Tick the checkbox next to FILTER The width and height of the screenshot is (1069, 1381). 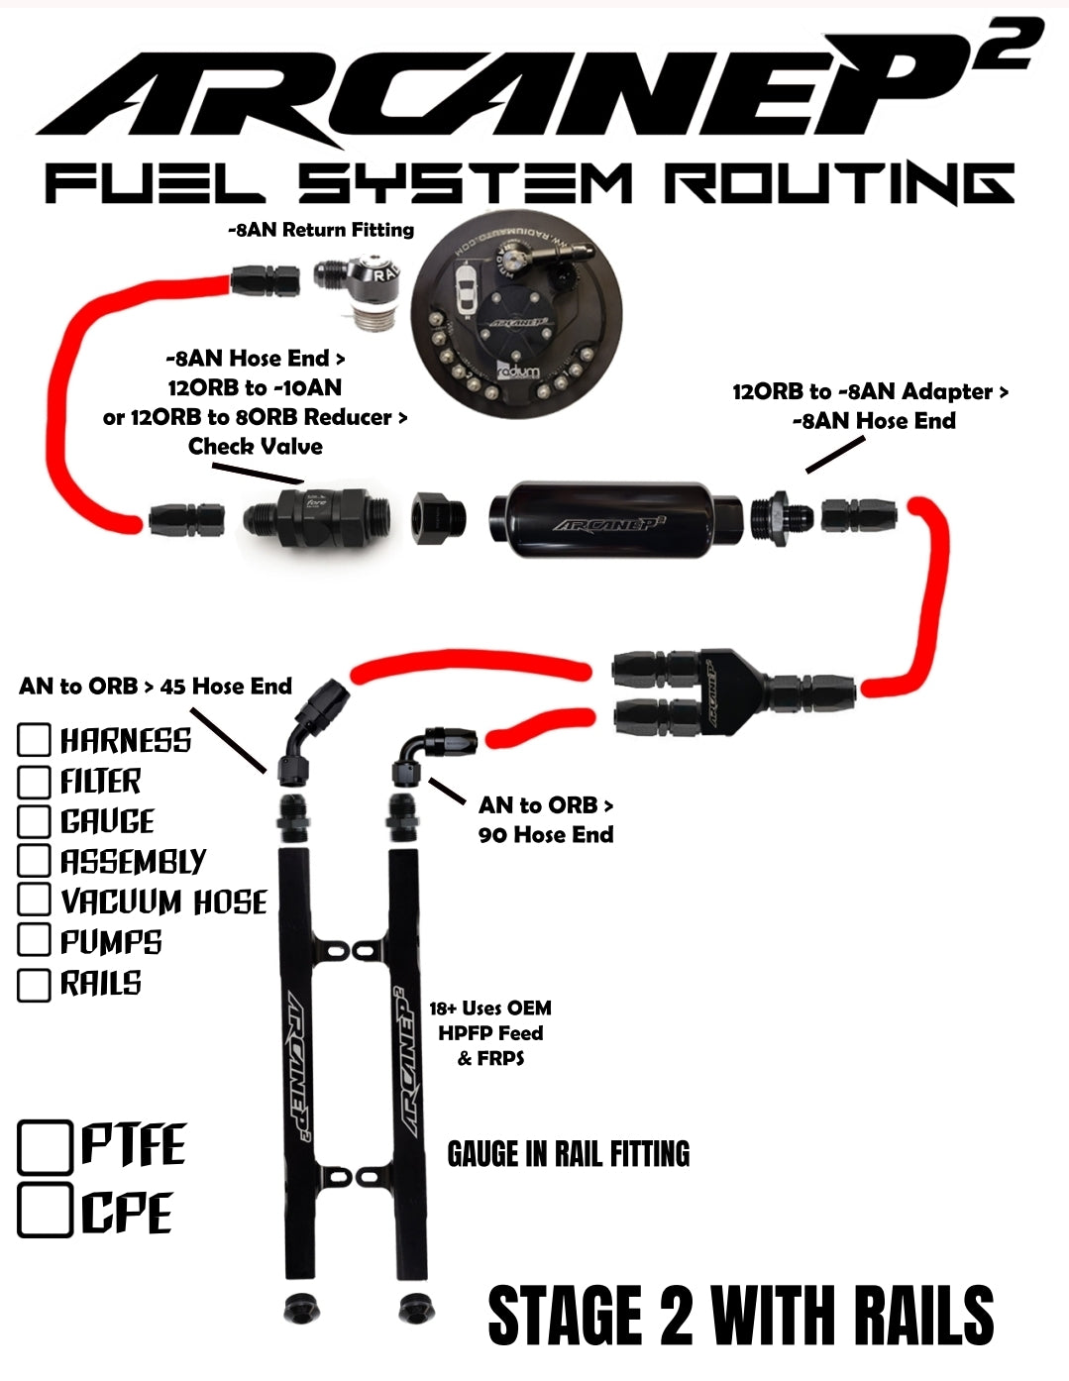coord(34,782)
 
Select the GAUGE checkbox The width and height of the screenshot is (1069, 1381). coord(34,821)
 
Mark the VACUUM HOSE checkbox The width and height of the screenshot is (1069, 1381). coord(34,900)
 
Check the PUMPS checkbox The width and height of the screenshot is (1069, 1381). coord(34,940)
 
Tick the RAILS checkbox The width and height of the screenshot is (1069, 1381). coord(34,985)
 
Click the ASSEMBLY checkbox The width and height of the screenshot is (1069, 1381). coord(34,860)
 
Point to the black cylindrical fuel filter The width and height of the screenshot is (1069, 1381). coord(616,520)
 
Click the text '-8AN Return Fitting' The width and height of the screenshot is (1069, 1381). coord(321,230)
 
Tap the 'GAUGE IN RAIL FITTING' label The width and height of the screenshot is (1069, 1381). coord(568,1154)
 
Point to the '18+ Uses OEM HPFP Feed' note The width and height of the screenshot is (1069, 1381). coord(490,1032)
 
